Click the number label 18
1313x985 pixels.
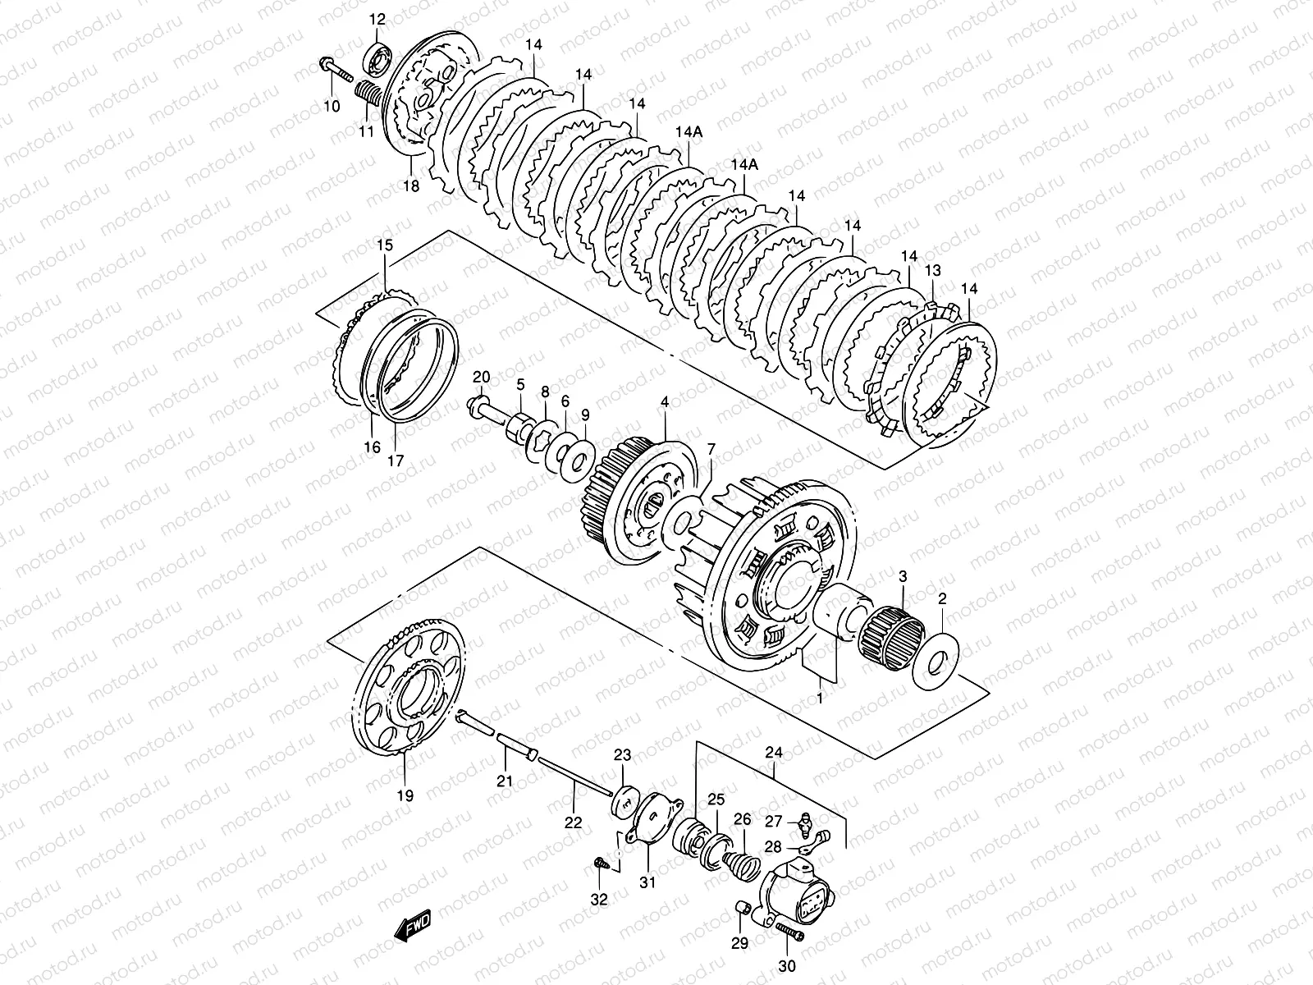[410, 186]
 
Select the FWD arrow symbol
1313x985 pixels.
[412, 927]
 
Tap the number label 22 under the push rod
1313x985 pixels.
[573, 822]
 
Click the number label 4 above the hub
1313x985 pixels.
[664, 402]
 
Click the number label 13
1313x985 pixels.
[933, 271]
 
